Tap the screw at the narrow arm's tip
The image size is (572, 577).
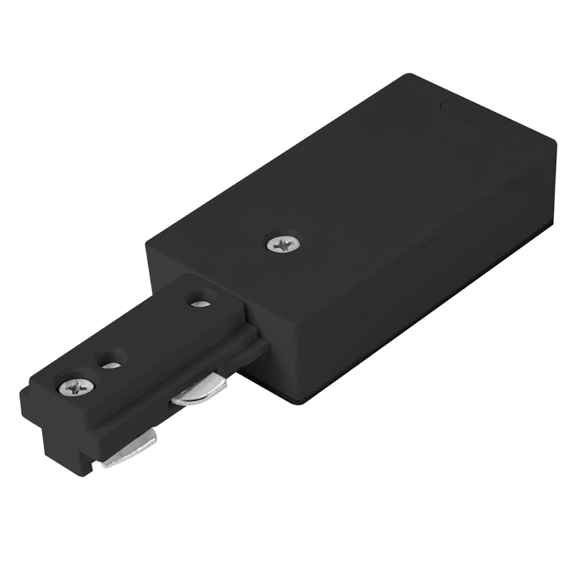coord(76,385)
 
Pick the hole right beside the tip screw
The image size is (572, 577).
coord(111,362)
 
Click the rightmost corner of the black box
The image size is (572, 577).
coord(554,147)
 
